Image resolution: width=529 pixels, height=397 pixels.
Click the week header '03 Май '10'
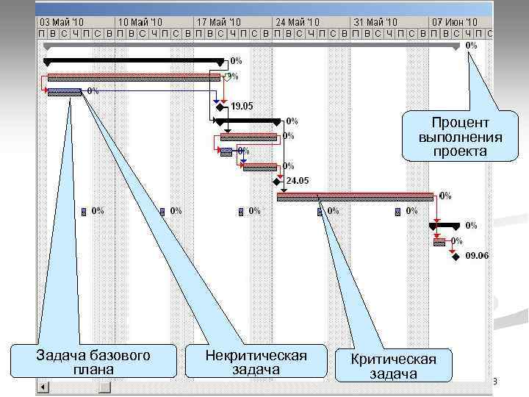pos(62,22)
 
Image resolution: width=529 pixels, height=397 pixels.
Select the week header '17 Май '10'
pos(220,22)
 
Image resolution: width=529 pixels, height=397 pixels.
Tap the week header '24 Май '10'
pos(298,22)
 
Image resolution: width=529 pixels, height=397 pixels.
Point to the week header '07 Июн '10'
pos(456,22)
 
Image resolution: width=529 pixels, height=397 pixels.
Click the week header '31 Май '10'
pos(377,22)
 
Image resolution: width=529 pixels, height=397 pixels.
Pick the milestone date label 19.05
pos(242,106)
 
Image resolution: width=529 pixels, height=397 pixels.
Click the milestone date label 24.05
pos(297,181)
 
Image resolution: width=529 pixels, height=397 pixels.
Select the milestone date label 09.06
pos(477,256)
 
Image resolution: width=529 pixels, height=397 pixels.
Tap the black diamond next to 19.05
pos(219,107)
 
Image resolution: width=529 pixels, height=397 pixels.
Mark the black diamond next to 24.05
pos(276,181)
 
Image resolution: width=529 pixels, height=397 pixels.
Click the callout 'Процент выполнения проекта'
pos(461,136)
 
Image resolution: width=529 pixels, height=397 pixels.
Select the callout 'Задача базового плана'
pos(93,362)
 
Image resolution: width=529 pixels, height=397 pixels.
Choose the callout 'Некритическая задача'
pos(256,362)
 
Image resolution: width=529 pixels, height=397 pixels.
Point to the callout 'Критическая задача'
pos(394,365)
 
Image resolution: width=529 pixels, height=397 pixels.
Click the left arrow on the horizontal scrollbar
pos(43,387)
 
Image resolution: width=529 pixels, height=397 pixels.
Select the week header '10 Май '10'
pos(140,22)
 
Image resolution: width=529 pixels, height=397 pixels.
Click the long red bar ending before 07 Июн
pos(355,196)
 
